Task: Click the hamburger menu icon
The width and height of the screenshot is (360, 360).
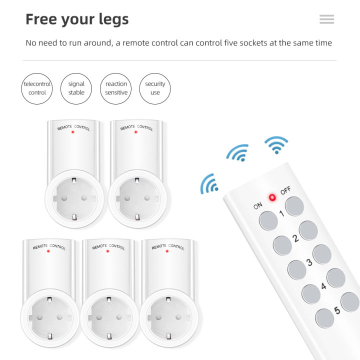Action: (326, 19)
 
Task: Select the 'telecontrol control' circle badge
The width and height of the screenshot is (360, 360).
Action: (37, 88)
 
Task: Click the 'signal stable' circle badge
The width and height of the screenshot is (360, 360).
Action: (76, 88)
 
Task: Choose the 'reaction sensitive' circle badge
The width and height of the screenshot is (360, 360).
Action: (116, 88)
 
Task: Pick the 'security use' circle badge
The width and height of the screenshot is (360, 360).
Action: (155, 88)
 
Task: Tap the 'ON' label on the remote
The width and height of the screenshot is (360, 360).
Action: (258, 205)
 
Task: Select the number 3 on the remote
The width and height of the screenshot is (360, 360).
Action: (309, 262)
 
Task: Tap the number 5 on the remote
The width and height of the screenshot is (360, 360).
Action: (336, 310)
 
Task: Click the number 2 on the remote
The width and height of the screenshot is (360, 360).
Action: (295, 238)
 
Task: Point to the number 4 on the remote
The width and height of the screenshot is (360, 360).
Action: (323, 286)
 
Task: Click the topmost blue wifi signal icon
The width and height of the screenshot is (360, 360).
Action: (276, 144)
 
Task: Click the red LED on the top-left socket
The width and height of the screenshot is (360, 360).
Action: (73, 132)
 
